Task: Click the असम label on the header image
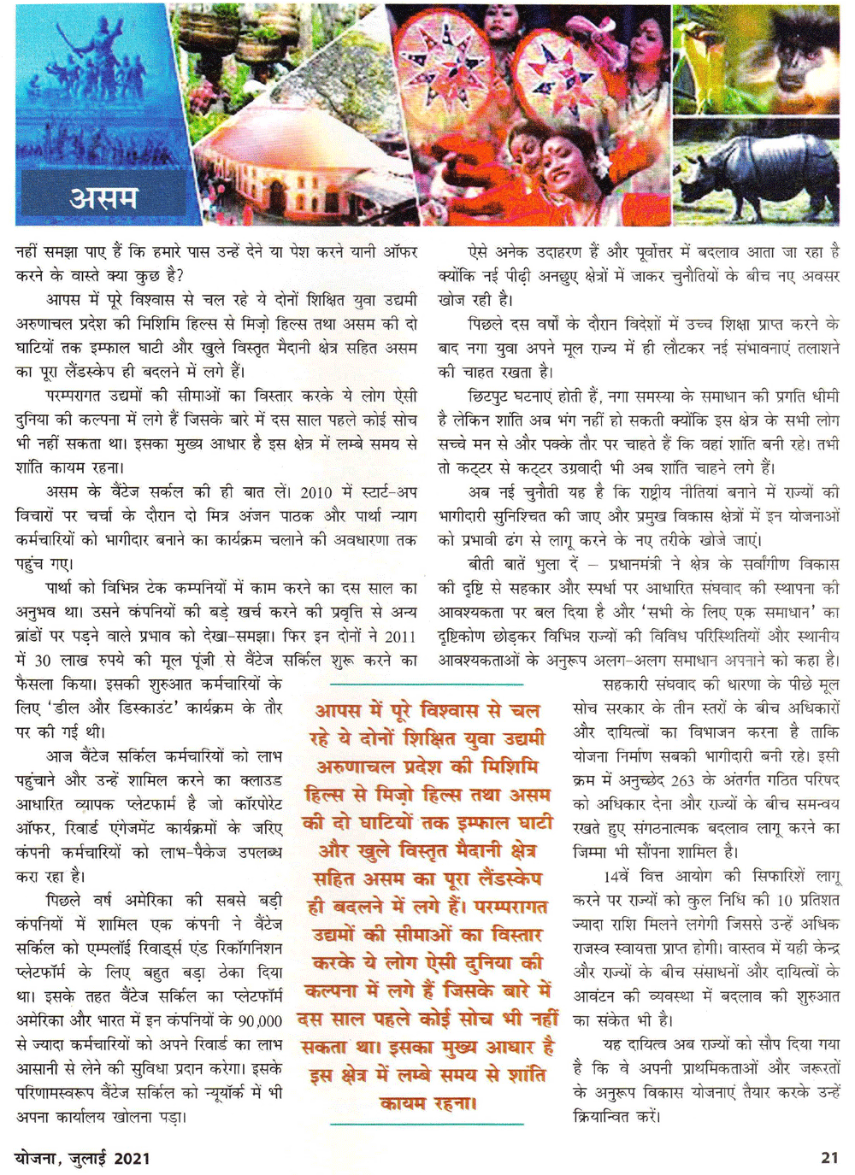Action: click(x=103, y=198)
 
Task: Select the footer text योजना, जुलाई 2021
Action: click(x=83, y=1159)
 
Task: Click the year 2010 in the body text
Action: click(x=315, y=492)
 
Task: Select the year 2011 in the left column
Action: click(x=399, y=637)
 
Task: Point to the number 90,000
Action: click(x=260, y=1021)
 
